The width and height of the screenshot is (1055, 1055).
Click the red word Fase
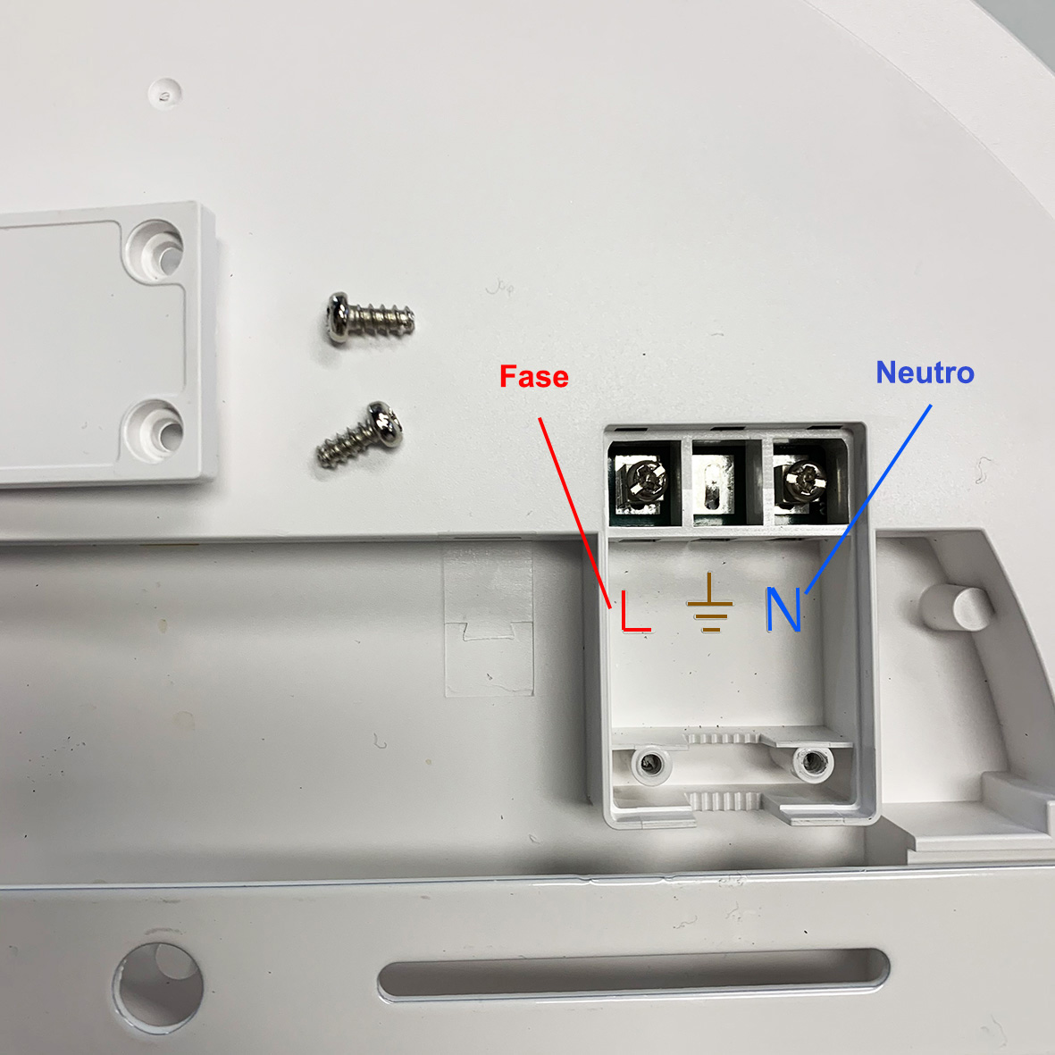(533, 376)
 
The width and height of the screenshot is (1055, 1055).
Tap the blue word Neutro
(925, 373)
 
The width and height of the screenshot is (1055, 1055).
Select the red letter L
(635, 611)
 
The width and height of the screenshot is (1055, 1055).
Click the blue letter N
(783, 609)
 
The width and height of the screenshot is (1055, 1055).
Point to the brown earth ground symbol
(710, 603)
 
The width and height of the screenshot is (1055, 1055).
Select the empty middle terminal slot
(718, 484)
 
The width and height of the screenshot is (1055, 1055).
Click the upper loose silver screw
(370, 319)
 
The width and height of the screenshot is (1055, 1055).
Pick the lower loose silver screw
(360, 434)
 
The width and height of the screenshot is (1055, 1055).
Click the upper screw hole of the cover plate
(155, 249)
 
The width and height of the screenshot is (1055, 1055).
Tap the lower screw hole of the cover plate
(155, 431)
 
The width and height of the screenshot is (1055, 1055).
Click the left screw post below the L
(649, 764)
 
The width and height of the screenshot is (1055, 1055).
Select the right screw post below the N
(812, 761)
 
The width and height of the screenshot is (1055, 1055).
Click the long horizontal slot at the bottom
(633, 974)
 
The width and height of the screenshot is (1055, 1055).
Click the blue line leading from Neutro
(868, 498)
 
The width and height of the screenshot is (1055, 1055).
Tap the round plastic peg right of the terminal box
(958, 607)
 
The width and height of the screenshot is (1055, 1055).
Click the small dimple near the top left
(165, 93)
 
